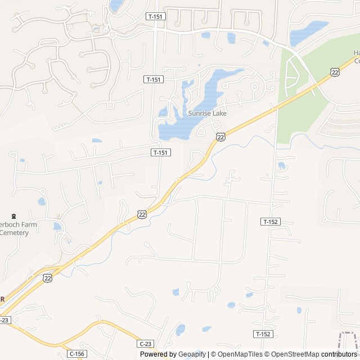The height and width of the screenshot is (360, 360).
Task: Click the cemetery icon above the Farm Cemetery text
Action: pyautogui.click(x=13, y=215)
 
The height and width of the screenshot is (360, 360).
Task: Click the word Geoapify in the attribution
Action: pyautogui.click(x=192, y=354)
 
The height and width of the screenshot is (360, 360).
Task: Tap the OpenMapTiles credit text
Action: pyautogui.click(x=240, y=354)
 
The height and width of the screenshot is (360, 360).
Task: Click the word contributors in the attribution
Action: pyautogui.click(x=340, y=354)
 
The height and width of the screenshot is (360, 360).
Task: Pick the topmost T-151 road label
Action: pyautogui.click(x=155, y=17)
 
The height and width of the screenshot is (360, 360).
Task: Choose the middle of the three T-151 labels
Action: pyautogui.click(x=153, y=79)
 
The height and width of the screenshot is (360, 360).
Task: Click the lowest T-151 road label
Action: pyautogui.click(x=161, y=152)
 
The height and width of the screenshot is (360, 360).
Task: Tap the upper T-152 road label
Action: pyautogui.click(x=271, y=222)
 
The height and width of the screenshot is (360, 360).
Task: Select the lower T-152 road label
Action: pyautogui.click(x=263, y=334)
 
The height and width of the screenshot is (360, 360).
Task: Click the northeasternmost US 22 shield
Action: pyautogui.click(x=335, y=72)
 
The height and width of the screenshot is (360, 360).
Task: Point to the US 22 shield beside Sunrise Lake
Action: pyautogui.click(x=220, y=137)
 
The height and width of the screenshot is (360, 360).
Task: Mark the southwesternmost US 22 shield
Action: pyautogui.click(x=48, y=277)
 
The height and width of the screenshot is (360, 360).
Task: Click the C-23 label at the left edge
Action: pyautogui.click(x=4, y=320)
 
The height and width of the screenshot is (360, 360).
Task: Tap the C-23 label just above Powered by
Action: pyautogui.click(x=145, y=344)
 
